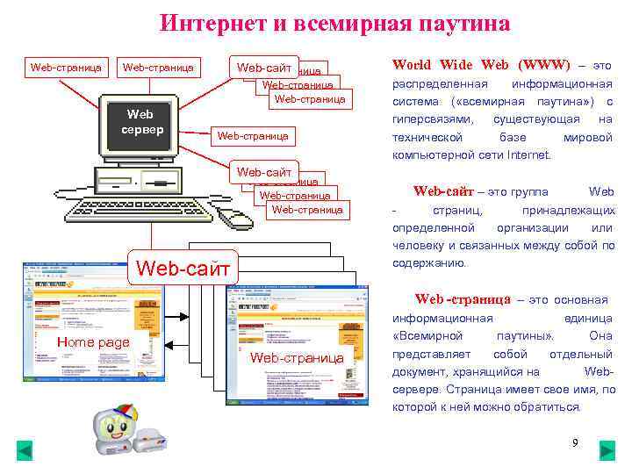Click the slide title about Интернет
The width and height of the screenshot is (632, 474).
pos(335,24)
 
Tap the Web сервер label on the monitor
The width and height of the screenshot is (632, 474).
pos(140,122)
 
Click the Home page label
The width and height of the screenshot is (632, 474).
pos(92,341)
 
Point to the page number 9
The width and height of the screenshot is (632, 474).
pos(575,442)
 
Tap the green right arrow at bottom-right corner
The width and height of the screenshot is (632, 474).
pos(607,451)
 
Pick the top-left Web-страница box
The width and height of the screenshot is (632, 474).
pos(66,67)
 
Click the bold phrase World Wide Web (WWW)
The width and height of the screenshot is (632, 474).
pos(481,65)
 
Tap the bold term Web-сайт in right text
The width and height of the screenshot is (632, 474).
pos(443,191)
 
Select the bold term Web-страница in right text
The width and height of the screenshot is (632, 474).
pos(463,299)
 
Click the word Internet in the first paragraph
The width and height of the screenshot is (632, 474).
pos(528,155)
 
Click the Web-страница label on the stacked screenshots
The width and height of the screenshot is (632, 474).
pos(297,357)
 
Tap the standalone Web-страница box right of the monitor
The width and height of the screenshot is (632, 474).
pos(253,136)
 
